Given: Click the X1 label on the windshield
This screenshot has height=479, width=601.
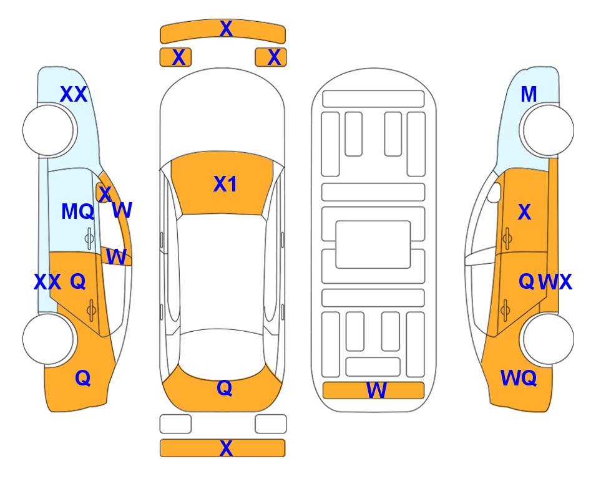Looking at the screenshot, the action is pyautogui.click(x=225, y=184).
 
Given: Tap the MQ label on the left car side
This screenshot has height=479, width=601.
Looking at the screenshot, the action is pyautogui.click(x=78, y=211).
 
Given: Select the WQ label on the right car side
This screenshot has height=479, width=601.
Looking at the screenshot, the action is pyautogui.click(x=519, y=378).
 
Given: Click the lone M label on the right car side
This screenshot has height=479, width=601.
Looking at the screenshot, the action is pyautogui.click(x=529, y=94).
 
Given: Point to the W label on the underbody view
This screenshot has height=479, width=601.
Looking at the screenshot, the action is pyautogui.click(x=376, y=390).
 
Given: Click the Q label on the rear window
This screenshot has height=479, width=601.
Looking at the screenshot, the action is pyautogui.click(x=225, y=388).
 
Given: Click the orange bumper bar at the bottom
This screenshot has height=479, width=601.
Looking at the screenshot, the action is pyautogui.click(x=223, y=448).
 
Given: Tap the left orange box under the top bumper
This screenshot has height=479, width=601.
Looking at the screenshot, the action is pyautogui.click(x=175, y=57).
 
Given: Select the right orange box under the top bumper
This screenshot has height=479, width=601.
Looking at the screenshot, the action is pyautogui.click(x=271, y=57).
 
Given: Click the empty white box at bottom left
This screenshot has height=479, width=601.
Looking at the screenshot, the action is pyautogui.click(x=175, y=424).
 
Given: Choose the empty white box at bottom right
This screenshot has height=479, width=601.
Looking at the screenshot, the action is pyautogui.click(x=271, y=424).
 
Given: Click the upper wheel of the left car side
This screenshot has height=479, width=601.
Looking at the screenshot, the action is pyautogui.click(x=48, y=130).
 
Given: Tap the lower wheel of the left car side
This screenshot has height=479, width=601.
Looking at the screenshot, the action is pyautogui.click(x=48, y=339).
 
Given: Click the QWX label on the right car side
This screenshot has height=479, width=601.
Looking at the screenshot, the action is pyautogui.click(x=545, y=282).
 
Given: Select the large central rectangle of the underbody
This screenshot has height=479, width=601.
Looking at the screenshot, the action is pyautogui.click(x=373, y=244).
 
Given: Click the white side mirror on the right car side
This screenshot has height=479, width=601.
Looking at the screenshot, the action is pyautogui.click(x=494, y=192).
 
